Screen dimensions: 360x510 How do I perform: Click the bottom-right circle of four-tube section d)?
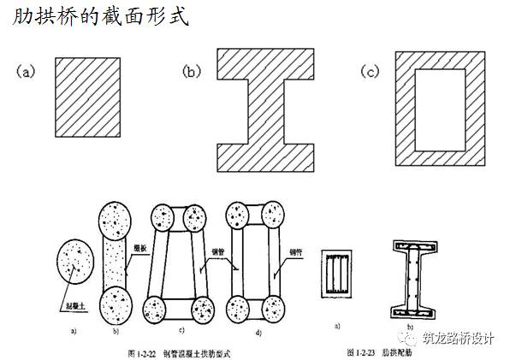click(274, 307)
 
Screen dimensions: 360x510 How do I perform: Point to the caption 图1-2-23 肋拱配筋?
click(382, 351)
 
